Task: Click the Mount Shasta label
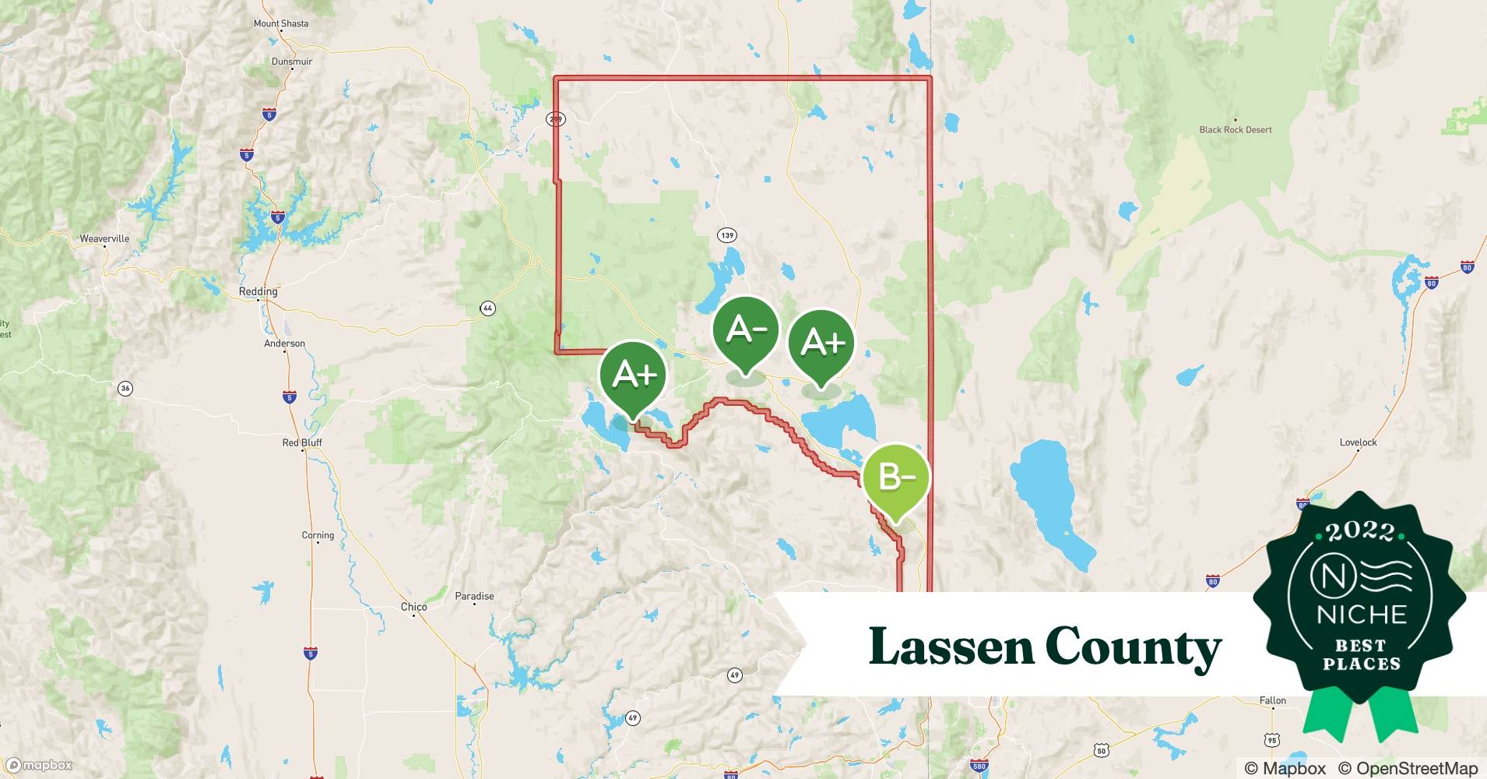point(280,23)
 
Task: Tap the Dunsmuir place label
point(292,62)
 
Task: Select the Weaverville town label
point(104,238)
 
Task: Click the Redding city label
point(258,291)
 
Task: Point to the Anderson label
point(284,344)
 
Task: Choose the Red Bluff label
point(301,442)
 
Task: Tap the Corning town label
point(318,535)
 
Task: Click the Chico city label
point(413,607)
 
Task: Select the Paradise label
point(474,596)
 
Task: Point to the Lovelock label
point(1358,442)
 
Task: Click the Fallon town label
point(1272,700)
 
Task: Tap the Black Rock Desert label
point(1235,130)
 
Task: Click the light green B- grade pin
point(895,478)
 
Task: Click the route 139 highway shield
point(727,235)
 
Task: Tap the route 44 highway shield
point(487,309)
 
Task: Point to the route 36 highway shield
point(125,388)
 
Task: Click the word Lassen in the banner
point(949,647)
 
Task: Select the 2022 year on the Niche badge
point(1360,532)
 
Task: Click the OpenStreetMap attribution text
point(1408,768)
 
